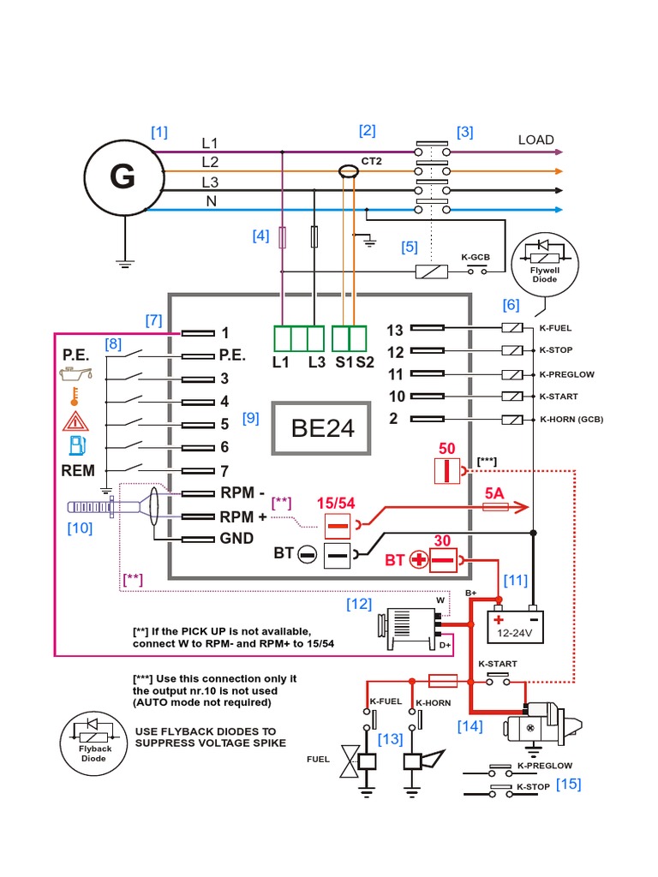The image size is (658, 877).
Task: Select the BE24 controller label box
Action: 322,427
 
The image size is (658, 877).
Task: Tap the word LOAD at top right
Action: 535,140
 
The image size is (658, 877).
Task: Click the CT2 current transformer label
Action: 371,161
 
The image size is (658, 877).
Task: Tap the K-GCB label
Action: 476,257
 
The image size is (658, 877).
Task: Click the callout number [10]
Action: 80,528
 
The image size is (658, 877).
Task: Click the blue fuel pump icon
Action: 75,444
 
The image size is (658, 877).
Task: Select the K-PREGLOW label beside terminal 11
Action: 566,374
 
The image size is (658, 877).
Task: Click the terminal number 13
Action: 394,330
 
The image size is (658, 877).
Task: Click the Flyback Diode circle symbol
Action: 90,740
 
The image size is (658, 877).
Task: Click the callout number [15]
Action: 568,784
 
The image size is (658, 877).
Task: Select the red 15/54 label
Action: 337,504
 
